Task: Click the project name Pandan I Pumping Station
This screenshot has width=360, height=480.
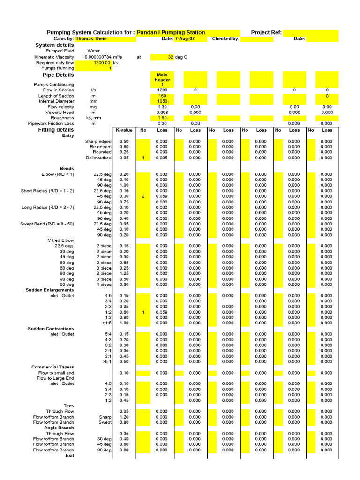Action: (171, 33)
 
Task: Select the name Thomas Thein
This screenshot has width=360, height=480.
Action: (91, 39)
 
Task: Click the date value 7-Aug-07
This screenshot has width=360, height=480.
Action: (184, 39)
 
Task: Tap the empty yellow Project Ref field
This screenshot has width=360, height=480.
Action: (310, 33)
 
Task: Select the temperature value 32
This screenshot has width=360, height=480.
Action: (170, 57)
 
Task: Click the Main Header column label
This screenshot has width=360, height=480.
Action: (162, 77)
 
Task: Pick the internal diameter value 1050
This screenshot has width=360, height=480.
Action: (162, 101)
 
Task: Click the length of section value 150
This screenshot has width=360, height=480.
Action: (162, 96)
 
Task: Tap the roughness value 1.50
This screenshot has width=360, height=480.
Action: (162, 118)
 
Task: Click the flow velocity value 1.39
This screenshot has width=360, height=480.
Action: (162, 107)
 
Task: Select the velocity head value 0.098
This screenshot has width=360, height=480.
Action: (162, 112)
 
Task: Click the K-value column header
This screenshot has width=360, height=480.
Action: (124, 130)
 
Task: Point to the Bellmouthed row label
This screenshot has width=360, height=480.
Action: (98, 158)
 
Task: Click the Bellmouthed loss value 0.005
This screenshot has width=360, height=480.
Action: (161, 158)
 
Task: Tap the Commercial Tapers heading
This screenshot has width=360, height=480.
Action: (52, 367)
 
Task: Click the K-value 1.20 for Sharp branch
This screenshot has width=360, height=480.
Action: (124, 417)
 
